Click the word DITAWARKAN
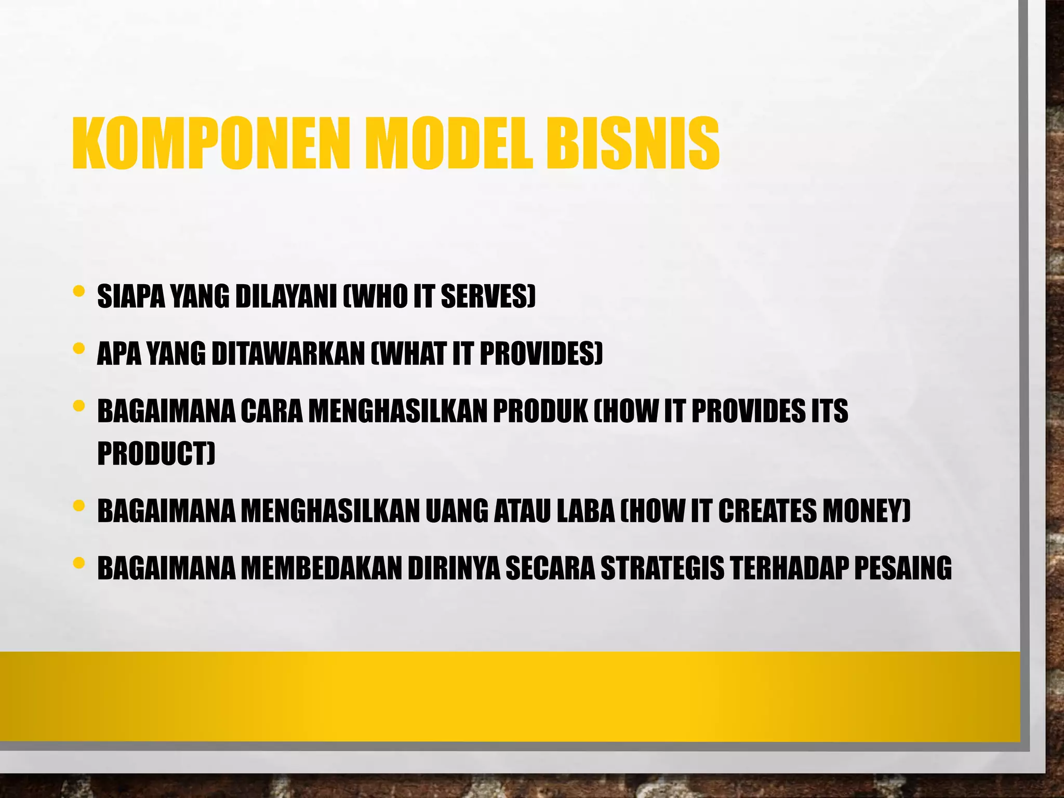point(288,354)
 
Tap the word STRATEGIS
point(662,568)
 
